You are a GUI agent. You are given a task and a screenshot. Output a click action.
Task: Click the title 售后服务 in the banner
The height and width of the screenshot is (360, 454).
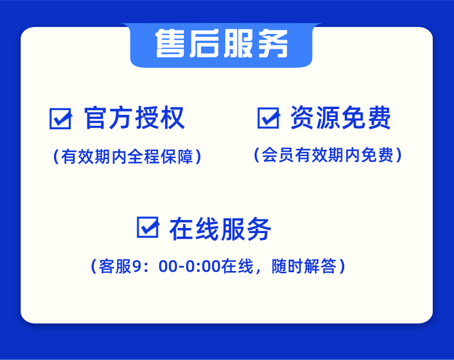(222, 44)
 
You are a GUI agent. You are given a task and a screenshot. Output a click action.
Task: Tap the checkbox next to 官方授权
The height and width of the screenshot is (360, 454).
(60, 119)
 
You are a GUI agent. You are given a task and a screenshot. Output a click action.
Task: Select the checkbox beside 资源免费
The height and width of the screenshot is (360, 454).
(269, 118)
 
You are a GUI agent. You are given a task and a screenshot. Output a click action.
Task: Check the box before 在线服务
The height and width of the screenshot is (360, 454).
(148, 227)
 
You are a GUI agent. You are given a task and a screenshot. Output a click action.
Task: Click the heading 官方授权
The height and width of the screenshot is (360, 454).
(134, 118)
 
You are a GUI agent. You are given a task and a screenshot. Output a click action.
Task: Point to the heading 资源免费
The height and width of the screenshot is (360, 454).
(340, 117)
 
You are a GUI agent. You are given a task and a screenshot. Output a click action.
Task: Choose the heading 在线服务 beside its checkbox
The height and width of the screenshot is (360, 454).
(220, 229)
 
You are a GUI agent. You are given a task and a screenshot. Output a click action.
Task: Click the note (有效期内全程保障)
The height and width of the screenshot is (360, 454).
(128, 157)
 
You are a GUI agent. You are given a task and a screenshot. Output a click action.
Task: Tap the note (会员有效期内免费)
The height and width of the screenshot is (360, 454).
(328, 155)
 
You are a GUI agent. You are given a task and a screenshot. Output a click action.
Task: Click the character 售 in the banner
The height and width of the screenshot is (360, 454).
(170, 44)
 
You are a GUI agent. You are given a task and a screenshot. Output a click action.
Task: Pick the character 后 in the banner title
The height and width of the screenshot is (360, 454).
(204, 44)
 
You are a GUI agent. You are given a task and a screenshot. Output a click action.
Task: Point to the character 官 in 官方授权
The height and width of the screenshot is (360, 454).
(95, 118)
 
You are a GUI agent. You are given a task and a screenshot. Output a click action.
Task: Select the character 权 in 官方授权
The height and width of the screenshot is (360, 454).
(174, 118)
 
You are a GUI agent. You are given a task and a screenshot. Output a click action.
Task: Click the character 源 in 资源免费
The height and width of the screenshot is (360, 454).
(328, 117)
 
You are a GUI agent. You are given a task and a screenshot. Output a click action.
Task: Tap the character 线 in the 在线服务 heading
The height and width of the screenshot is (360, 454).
(207, 229)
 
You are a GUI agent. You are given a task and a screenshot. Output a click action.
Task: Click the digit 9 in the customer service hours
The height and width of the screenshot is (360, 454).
(136, 266)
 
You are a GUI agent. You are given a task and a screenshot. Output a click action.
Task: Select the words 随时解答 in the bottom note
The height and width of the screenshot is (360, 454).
(304, 266)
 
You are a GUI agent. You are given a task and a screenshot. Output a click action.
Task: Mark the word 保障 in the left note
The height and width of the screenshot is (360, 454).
(177, 157)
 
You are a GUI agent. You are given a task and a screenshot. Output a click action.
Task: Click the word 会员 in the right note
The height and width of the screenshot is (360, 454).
(278, 155)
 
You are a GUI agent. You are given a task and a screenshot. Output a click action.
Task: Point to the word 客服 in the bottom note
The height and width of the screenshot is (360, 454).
(115, 266)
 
